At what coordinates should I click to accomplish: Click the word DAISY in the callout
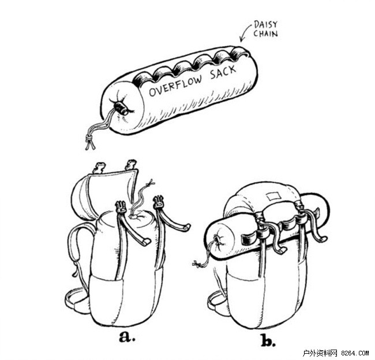[265, 24]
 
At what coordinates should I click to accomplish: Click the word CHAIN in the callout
[266, 33]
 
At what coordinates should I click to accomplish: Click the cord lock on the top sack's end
[121, 107]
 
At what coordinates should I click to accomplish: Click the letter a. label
[126, 336]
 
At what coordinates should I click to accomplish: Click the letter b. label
[268, 340]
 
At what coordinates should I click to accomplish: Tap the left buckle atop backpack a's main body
[121, 207]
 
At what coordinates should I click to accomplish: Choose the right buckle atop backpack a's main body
[159, 204]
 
